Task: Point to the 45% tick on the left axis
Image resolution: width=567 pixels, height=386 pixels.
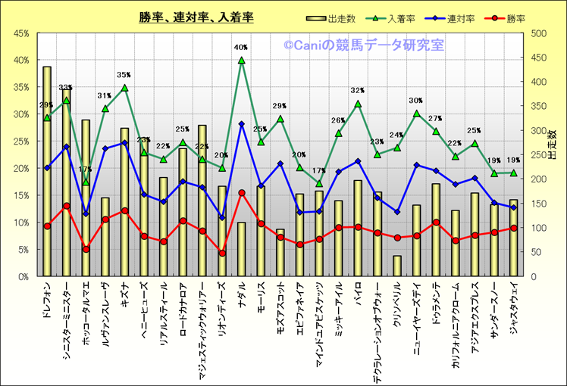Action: (x=20, y=33)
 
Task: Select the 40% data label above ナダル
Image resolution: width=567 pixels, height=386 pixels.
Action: (x=241, y=48)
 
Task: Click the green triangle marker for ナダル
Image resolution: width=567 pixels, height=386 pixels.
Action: (x=242, y=60)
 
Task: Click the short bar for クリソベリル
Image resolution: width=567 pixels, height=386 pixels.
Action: (x=397, y=266)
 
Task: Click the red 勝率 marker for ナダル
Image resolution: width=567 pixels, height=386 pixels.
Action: (x=242, y=193)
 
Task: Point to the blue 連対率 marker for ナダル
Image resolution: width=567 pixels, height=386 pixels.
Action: (x=242, y=124)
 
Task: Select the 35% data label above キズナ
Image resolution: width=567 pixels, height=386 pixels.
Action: (x=124, y=75)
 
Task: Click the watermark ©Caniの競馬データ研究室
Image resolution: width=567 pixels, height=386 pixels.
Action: (x=364, y=45)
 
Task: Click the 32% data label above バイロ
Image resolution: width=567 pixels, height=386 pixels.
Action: (x=358, y=92)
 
